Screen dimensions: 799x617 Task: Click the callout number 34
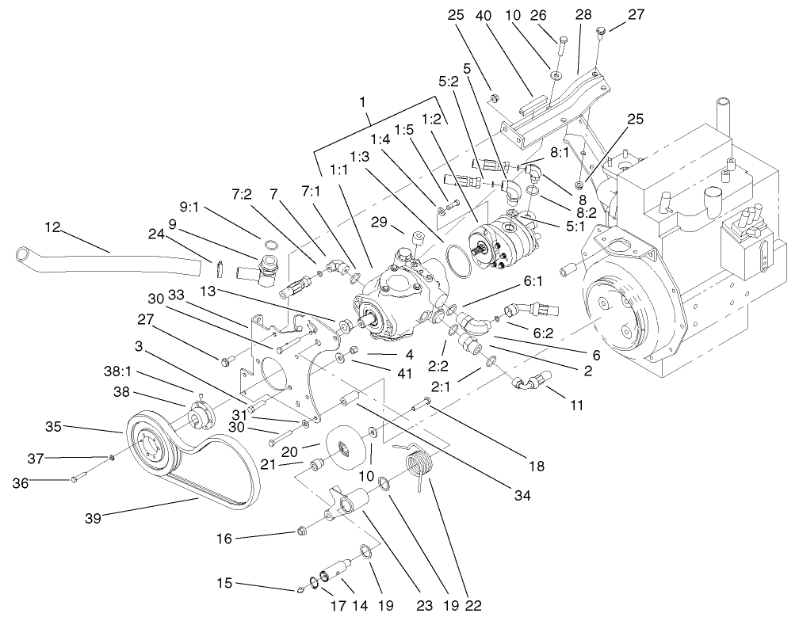[519, 495]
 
